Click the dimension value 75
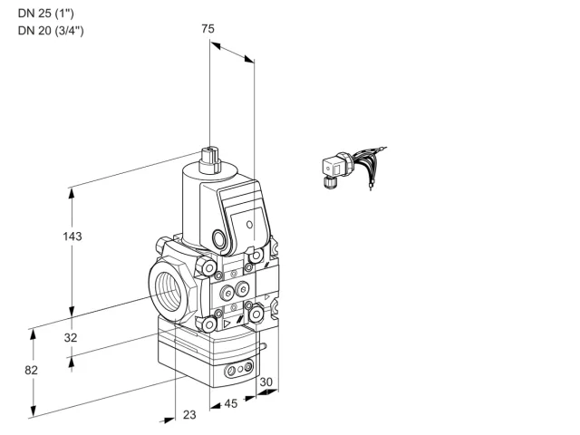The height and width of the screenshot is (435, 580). click(208, 28)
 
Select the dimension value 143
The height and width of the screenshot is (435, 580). click(72, 236)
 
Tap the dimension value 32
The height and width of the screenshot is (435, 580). click(71, 337)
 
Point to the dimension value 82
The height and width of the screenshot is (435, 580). click(31, 370)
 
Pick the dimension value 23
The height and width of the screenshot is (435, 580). click(189, 415)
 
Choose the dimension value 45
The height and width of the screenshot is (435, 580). click(231, 403)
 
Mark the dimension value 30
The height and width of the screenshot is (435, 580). click(266, 382)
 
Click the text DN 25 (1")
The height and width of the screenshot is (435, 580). click(46, 14)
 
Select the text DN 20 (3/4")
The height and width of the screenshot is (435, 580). click(51, 30)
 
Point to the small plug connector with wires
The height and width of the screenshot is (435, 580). click(354, 168)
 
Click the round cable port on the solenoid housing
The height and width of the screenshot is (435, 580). click(218, 238)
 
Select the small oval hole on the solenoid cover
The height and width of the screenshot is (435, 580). click(250, 224)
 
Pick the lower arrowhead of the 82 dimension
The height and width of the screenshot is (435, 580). click(34, 411)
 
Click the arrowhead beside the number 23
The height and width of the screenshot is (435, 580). click(168, 420)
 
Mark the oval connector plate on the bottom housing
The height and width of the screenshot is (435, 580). click(239, 368)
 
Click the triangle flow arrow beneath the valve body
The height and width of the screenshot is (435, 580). click(227, 324)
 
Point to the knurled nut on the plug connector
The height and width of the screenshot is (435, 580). click(329, 182)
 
